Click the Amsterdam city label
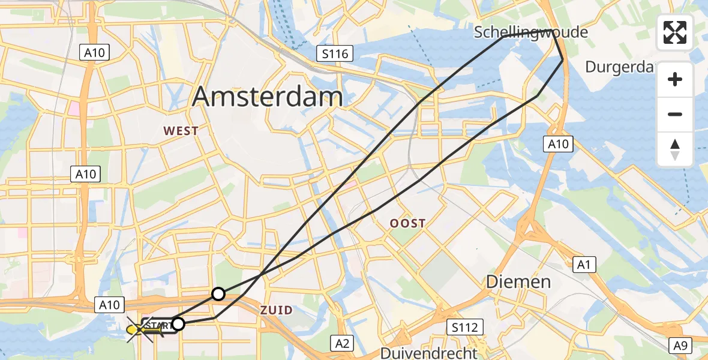(268, 96)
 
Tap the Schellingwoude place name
(531, 32)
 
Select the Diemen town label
(518, 281)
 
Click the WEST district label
(181, 131)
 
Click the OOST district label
(407, 223)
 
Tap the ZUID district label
(277, 310)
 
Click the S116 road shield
(334, 55)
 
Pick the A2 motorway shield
(343, 343)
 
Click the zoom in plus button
(675, 79)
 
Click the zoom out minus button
(675, 114)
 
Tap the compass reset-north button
(675, 149)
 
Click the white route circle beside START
(178, 325)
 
